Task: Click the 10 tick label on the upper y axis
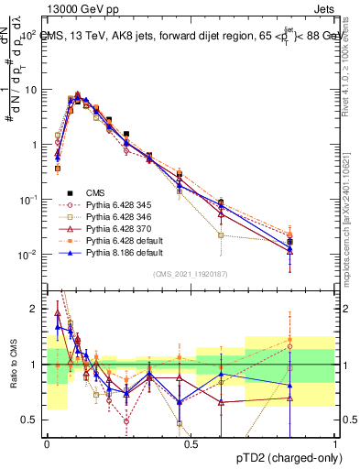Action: point(34,90)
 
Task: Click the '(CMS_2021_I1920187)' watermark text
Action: point(191,273)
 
